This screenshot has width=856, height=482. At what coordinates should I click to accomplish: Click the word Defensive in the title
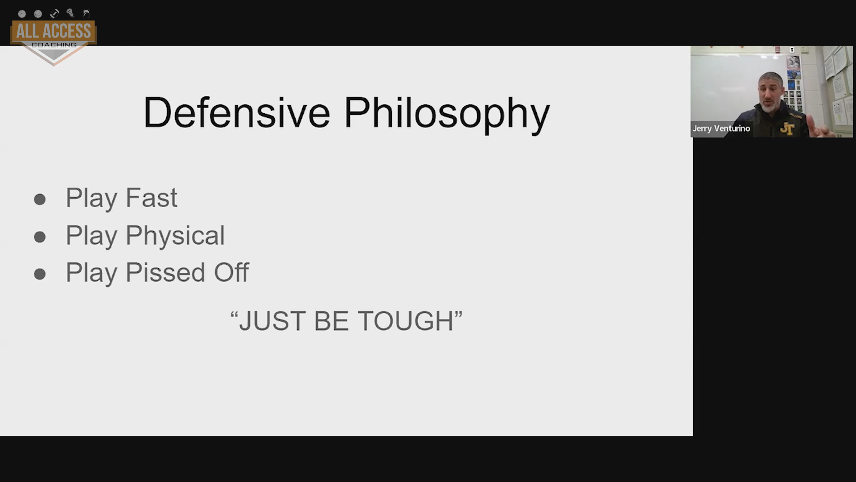(237, 112)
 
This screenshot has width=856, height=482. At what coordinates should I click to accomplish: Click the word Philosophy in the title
(447, 115)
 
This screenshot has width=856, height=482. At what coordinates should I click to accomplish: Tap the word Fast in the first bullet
(152, 198)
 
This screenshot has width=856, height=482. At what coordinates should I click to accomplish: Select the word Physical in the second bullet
(175, 236)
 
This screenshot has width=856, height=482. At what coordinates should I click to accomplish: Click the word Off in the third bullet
(231, 272)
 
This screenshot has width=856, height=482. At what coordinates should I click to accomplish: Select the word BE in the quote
(331, 321)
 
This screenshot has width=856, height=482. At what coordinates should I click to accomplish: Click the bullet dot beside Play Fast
(40, 199)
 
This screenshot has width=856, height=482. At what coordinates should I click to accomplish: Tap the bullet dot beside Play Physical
(40, 237)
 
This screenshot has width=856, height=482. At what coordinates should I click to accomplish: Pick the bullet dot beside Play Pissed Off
(40, 274)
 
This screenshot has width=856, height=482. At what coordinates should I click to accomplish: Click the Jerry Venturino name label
(721, 129)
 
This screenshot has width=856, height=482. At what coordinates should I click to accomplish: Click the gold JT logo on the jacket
(787, 129)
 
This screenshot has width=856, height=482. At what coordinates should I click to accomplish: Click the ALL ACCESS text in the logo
(53, 31)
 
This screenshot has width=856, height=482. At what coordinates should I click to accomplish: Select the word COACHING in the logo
(54, 45)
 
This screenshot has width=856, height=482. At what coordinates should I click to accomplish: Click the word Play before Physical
(91, 236)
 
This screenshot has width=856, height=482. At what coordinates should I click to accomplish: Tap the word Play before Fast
(91, 199)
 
